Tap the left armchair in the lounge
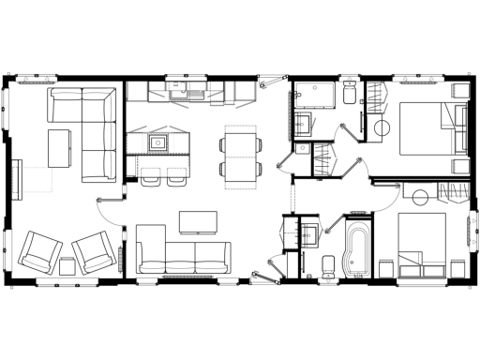coord(41,251)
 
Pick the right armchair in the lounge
coord(95,250)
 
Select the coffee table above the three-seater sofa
coord(198,220)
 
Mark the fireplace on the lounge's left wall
coord(16,178)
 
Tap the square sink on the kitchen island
coord(158,143)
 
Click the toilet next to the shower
coord(348,92)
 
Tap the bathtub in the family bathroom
coord(357,247)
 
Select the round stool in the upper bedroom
coord(382,127)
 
